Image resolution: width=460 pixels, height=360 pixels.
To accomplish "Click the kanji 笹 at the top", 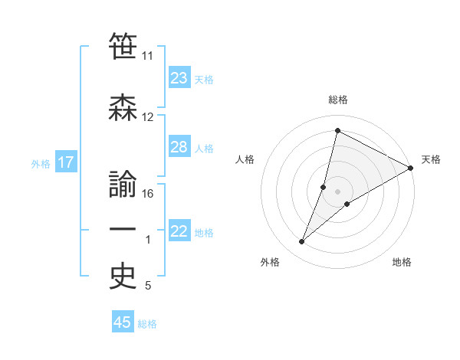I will point(123,44).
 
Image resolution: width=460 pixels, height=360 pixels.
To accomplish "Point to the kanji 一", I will point(123,229).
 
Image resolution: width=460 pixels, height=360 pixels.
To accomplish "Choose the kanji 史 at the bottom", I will point(123,275).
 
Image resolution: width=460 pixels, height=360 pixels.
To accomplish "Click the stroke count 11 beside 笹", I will point(147,56).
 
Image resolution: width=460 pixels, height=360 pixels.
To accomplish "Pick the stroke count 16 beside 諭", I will point(149,194).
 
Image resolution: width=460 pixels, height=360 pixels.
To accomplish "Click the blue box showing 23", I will point(179,78).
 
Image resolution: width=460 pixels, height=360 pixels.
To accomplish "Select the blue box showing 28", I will point(179,147).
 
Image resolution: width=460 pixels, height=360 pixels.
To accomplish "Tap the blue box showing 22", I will point(179,231).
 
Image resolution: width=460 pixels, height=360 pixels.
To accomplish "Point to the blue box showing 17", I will point(65,162).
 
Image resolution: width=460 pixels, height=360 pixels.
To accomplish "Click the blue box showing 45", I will point(123,322).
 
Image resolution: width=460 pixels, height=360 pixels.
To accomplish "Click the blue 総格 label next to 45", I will point(148,324).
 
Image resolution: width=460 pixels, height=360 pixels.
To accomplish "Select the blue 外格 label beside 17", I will point(41,163).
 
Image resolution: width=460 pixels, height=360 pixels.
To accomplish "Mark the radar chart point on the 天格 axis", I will point(411,169).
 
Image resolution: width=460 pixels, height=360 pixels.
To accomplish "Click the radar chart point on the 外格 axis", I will point(302,242).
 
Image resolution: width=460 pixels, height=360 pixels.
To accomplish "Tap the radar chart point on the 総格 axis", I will point(337,131).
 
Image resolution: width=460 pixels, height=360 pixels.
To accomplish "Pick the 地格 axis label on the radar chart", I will point(402,263).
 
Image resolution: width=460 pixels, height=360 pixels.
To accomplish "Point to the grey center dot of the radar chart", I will point(338,191).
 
